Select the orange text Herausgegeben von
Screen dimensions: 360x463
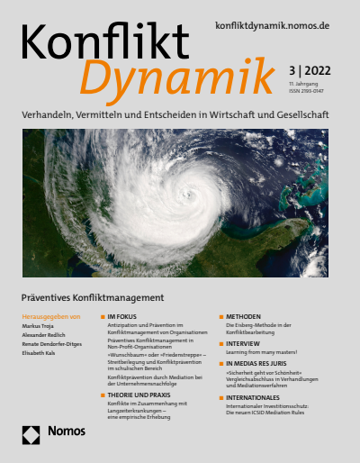(50, 317)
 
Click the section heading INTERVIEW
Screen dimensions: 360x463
(242, 343)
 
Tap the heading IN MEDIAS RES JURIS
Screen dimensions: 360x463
(256, 361)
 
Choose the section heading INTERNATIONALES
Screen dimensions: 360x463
(256, 395)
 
